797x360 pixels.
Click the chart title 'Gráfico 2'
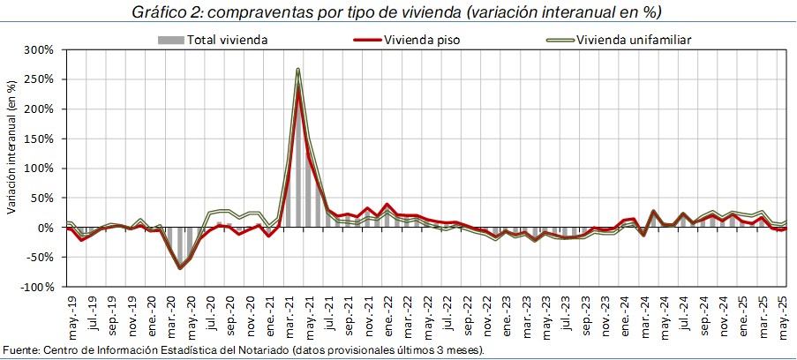point(397,12)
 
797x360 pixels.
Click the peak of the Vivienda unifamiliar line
point(298,69)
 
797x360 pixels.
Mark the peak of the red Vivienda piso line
point(298,88)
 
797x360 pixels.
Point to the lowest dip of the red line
point(180,268)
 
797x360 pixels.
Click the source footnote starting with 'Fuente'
point(243,351)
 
